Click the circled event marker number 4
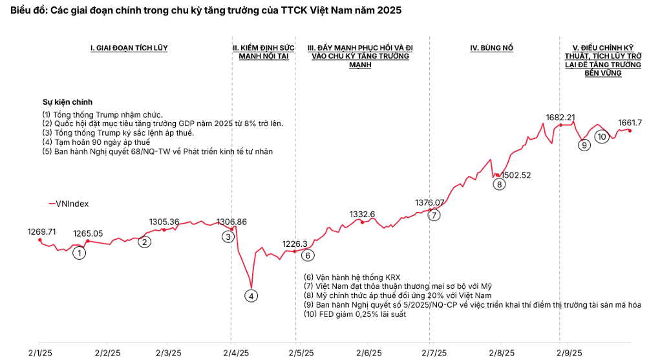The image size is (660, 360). pos(251,295)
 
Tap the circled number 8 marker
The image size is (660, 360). pos(499,184)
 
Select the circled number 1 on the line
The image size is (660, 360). pos(79,253)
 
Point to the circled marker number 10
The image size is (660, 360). pos(602,136)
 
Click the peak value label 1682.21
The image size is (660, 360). pos(560,117)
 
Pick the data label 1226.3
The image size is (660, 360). pos(295,244)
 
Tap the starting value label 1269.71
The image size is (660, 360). pos(42,231)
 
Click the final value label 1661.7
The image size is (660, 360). pos(630,122)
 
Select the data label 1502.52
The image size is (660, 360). pos(516,175)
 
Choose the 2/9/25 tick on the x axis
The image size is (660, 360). pos(568,353)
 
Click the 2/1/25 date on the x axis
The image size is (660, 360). pos(39,353)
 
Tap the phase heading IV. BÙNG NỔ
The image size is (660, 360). pos(491,48)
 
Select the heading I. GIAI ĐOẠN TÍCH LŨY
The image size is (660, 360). pos(129,48)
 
